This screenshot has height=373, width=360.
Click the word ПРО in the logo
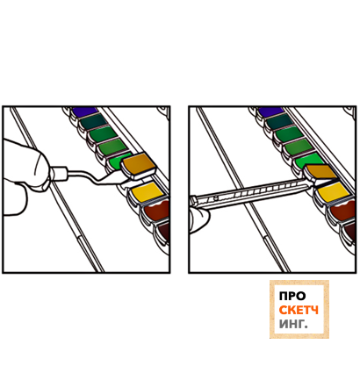(x=292, y=297)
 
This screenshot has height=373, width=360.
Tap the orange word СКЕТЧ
(x=299, y=310)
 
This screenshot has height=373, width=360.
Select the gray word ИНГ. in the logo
(x=293, y=324)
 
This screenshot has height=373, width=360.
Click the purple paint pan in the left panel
(x=85, y=111)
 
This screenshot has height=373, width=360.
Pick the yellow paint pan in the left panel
(x=147, y=192)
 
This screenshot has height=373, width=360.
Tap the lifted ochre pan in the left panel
(x=139, y=166)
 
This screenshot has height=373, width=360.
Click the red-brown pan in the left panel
(x=156, y=211)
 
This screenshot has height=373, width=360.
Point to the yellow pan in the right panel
(x=334, y=192)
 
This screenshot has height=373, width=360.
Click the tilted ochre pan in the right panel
(x=321, y=172)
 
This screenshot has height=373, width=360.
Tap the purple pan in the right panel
(x=271, y=111)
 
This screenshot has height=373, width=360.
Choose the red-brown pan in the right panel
(x=342, y=211)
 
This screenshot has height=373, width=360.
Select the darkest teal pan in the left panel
(x=94, y=122)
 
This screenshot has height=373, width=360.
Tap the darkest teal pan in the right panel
(x=281, y=122)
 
